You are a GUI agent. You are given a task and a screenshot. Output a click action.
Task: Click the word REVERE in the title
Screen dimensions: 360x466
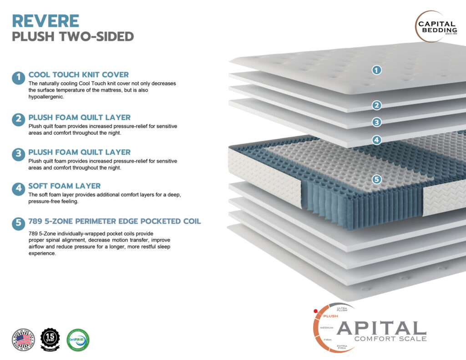click(46, 21)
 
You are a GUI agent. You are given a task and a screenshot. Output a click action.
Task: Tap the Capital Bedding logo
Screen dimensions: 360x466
click(436, 27)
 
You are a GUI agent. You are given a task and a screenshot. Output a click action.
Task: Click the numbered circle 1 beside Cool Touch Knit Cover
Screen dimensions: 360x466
click(18, 78)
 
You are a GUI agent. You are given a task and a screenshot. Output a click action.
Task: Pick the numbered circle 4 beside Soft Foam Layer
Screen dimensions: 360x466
click(18, 189)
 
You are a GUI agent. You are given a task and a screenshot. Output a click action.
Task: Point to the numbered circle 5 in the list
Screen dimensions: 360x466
click(18, 223)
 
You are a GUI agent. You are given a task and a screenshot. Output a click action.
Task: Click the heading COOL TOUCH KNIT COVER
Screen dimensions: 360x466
click(78, 75)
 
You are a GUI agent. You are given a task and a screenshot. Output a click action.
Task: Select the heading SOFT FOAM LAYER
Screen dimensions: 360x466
click(64, 186)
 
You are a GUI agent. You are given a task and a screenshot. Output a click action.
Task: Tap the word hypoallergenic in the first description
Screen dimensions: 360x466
click(46, 97)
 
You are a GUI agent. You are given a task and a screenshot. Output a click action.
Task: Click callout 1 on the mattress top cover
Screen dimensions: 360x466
click(376, 70)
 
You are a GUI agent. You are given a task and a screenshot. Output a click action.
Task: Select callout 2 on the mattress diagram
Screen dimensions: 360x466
click(376, 106)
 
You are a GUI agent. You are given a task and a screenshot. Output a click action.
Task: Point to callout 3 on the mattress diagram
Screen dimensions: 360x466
click(376, 122)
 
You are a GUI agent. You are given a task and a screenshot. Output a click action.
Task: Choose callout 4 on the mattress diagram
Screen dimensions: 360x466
click(376, 140)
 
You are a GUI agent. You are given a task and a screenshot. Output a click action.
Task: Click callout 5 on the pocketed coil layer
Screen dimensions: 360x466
click(376, 179)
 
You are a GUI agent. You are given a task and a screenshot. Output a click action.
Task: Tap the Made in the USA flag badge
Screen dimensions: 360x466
click(23, 340)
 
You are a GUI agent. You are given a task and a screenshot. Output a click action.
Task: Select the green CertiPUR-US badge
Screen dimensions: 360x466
click(78, 340)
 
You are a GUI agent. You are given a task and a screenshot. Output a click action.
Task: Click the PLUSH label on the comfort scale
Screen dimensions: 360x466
click(330, 316)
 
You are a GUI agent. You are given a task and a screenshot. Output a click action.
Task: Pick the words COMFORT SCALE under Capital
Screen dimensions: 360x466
click(390, 338)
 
